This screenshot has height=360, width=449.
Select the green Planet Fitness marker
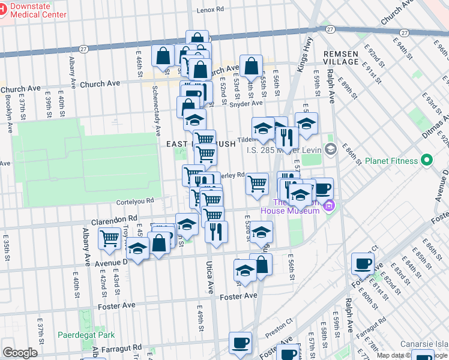pos(427,160)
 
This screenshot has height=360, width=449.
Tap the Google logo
pos(20,353)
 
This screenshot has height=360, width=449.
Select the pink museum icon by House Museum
pos(327,206)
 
